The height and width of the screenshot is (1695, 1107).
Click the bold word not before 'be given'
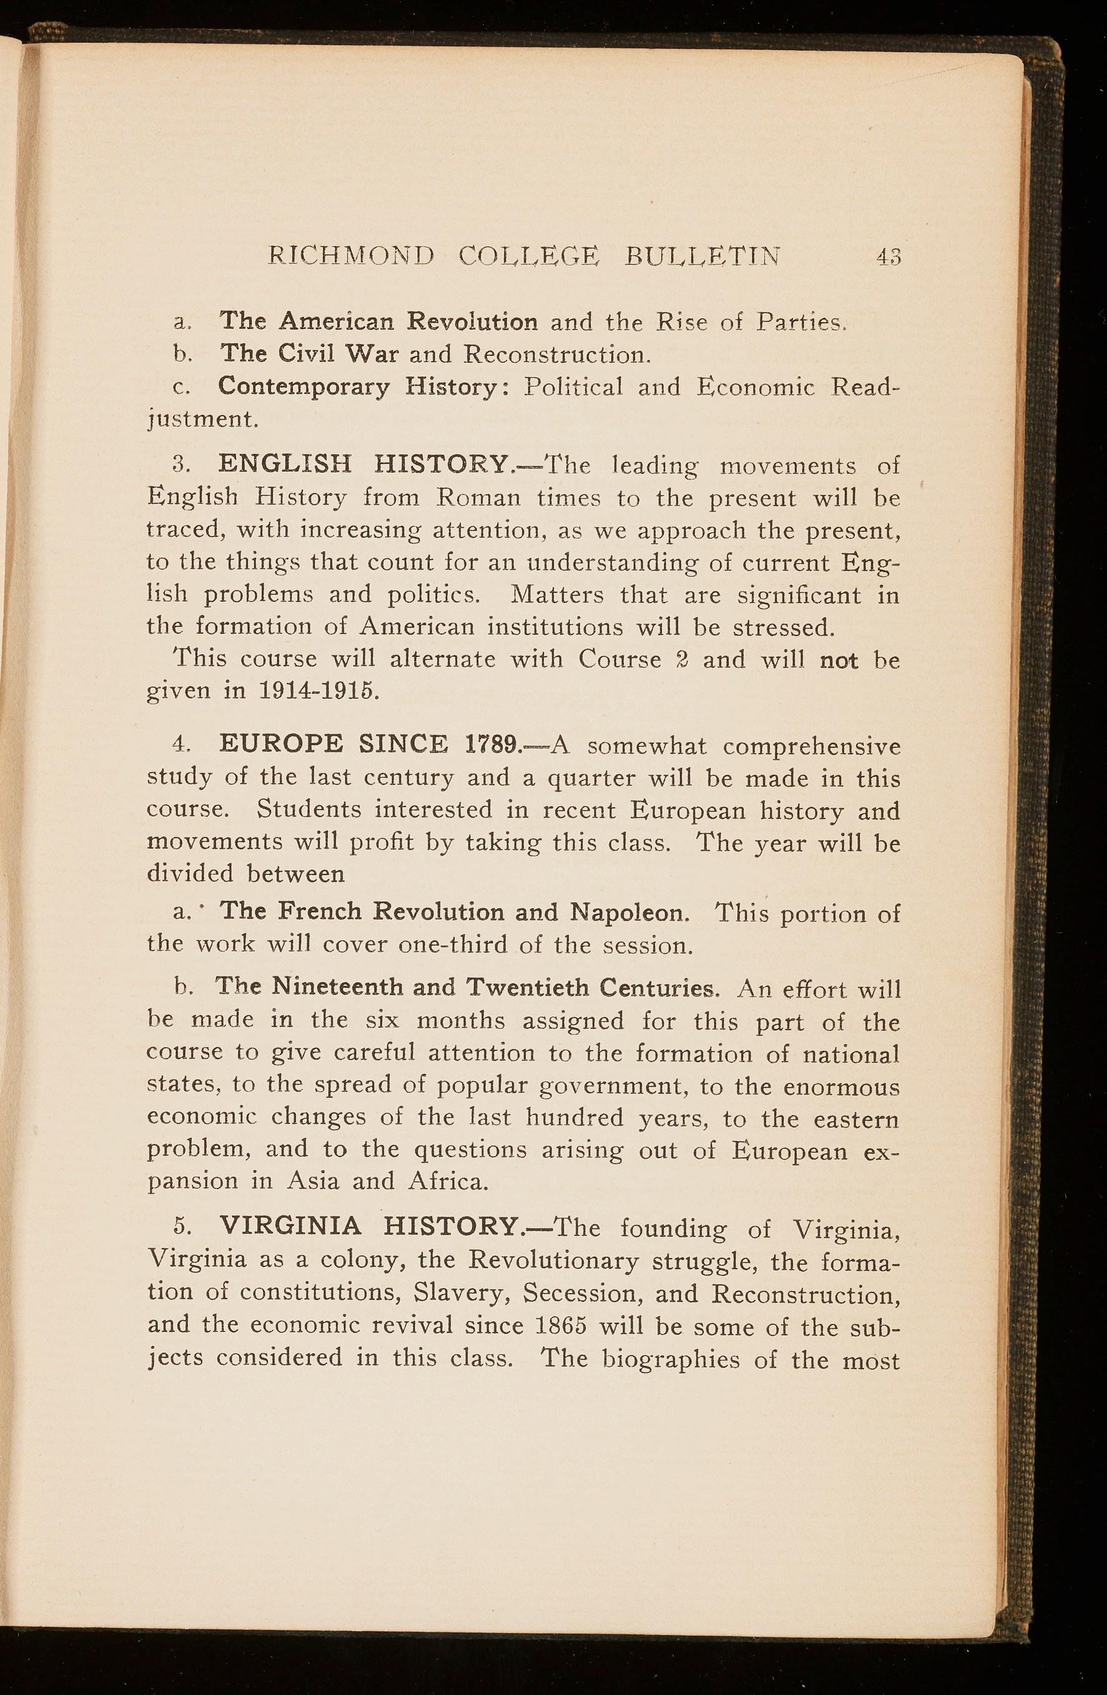[x=839, y=660]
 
